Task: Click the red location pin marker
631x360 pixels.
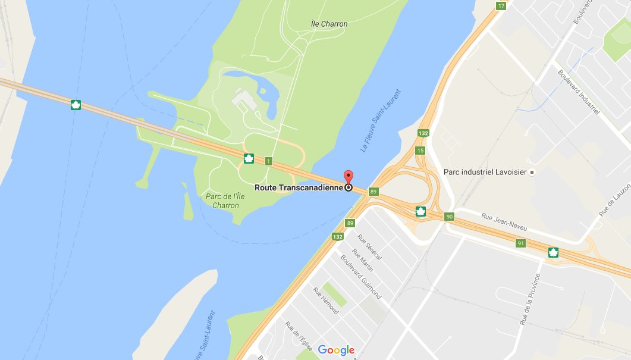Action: point(349,177)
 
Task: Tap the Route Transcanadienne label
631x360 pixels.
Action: point(299,187)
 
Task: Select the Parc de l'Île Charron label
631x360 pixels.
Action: point(222,201)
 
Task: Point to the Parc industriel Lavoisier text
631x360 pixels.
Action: point(485,172)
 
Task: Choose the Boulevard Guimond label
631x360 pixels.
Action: point(360,277)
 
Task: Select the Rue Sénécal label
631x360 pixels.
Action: point(369,247)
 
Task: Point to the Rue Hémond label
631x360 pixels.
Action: point(325,301)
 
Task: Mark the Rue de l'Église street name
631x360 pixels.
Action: point(299,337)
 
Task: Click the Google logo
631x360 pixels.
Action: point(336,350)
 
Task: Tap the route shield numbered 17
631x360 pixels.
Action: point(501,6)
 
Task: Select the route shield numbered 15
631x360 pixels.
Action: point(420,151)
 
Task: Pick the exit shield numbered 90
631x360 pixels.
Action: point(449,217)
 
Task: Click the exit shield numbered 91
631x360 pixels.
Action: point(520,243)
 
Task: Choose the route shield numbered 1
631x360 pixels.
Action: point(269,161)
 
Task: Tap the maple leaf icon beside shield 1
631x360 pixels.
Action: point(249,158)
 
